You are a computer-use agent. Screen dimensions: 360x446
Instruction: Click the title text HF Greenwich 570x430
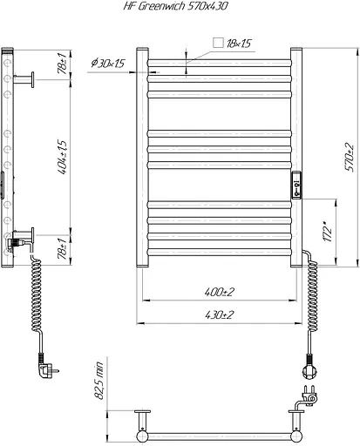(x=176, y=6)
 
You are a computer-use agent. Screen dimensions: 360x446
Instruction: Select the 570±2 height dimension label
(x=350, y=157)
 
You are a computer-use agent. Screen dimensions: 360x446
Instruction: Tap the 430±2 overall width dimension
(x=220, y=314)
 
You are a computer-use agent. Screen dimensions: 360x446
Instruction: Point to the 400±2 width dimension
(x=220, y=292)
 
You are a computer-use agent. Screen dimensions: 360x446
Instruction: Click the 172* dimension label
(x=327, y=232)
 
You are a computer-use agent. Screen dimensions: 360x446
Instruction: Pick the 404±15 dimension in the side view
(x=62, y=157)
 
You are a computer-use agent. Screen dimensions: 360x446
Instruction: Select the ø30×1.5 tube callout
(x=108, y=63)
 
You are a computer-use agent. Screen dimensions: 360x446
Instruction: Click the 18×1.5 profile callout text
(x=239, y=44)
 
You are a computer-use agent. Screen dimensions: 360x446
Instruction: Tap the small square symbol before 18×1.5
(x=218, y=43)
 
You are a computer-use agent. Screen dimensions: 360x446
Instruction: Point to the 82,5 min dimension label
(x=99, y=381)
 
